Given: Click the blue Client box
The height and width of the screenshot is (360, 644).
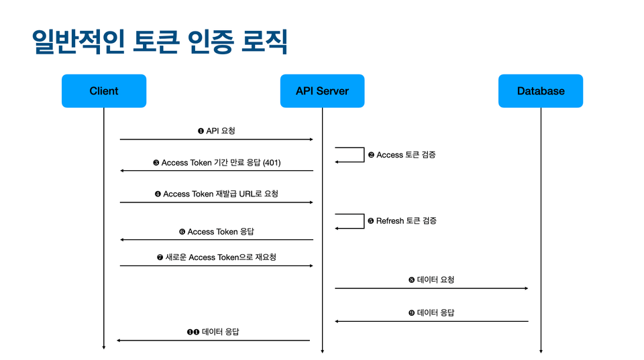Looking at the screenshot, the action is (104, 91).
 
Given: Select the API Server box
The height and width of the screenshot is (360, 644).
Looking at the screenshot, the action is (323, 91).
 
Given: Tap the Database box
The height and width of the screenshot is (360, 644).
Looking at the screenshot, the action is (541, 91).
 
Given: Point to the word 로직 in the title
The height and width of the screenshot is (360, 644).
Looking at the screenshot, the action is (264, 42).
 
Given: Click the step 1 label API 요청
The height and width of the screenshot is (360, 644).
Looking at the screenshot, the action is (221, 131).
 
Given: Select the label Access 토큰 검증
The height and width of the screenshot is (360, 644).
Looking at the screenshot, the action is (406, 155).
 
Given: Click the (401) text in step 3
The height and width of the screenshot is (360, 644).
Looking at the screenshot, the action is (272, 163).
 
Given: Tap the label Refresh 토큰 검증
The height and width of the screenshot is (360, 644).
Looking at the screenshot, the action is (407, 221).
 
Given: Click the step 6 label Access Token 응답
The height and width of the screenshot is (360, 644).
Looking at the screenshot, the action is (221, 232).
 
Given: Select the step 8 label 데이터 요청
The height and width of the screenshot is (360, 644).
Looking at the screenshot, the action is (435, 280).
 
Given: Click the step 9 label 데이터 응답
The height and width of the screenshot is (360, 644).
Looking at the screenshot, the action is (435, 313).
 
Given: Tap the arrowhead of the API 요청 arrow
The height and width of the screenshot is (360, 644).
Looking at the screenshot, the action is (312, 139).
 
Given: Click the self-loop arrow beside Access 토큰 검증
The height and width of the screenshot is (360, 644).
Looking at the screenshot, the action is (364, 155).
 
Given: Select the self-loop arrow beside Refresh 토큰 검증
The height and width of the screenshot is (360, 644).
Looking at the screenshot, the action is (364, 221).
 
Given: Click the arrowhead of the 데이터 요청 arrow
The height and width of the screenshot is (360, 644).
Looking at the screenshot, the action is (527, 288).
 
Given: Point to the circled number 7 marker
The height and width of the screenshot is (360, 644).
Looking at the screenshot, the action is (160, 257).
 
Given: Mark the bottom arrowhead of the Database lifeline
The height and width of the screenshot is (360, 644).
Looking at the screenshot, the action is (541, 351).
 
